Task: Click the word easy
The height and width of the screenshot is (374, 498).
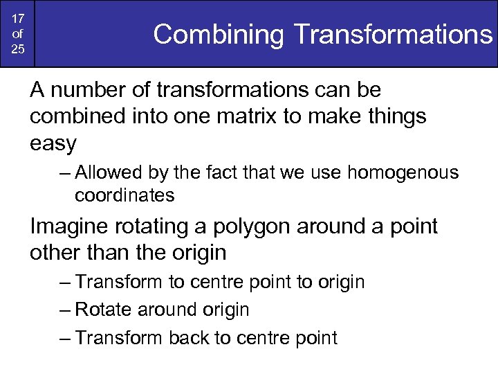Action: [53, 144]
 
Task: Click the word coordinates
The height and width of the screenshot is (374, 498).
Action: [124, 195]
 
